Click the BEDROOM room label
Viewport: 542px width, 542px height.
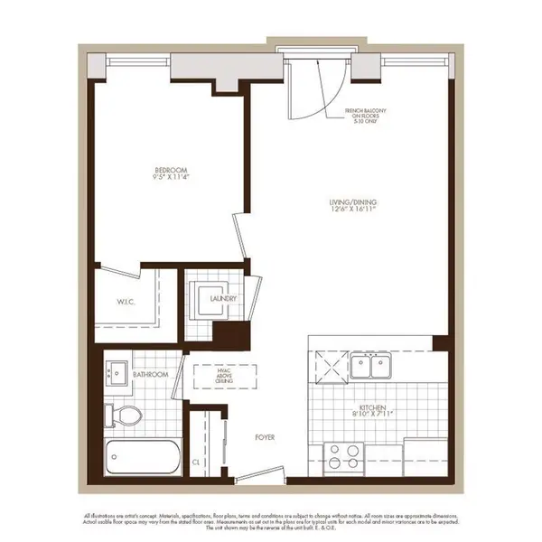pyautogui.click(x=170, y=169)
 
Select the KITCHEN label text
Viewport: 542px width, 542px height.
pyautogui.click(x=373, y=408)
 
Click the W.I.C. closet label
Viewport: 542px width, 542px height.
pyautogui.click(x=125, y=302)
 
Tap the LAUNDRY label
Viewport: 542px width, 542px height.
pyautogui.click(x=223, y=297)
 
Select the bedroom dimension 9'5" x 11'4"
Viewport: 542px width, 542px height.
pyautogui.click(x=170, y=177)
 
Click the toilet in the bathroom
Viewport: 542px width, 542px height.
pyautogui.click(x=124, y=415)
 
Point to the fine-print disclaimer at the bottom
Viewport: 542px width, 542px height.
pyautogui.click(x=271, y=516)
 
